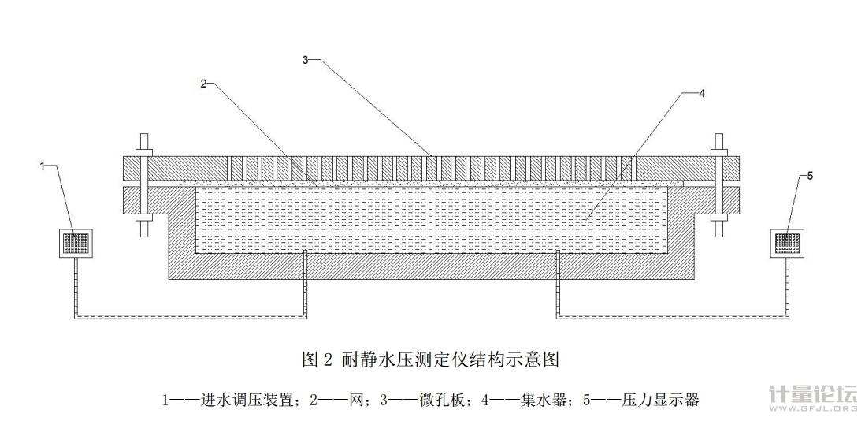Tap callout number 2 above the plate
click(x=203, y=82)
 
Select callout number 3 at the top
click(x=306, y=58)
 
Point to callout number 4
click(x=702, y=92)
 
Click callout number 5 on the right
click(x=811, y=175)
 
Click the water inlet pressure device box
click(x=76, y=243)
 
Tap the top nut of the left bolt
click(x=145, y=150)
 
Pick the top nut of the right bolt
click(x=718, y=150)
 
